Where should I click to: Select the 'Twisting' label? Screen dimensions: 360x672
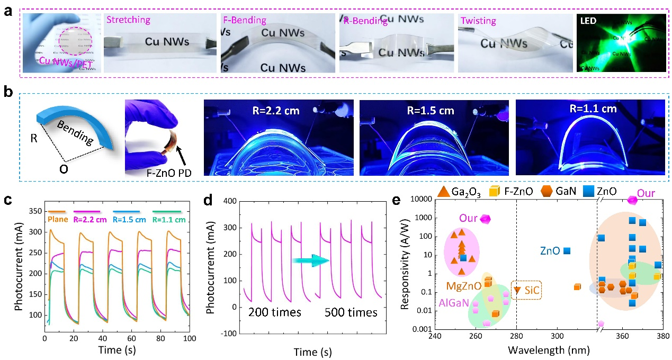click(478, 21)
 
